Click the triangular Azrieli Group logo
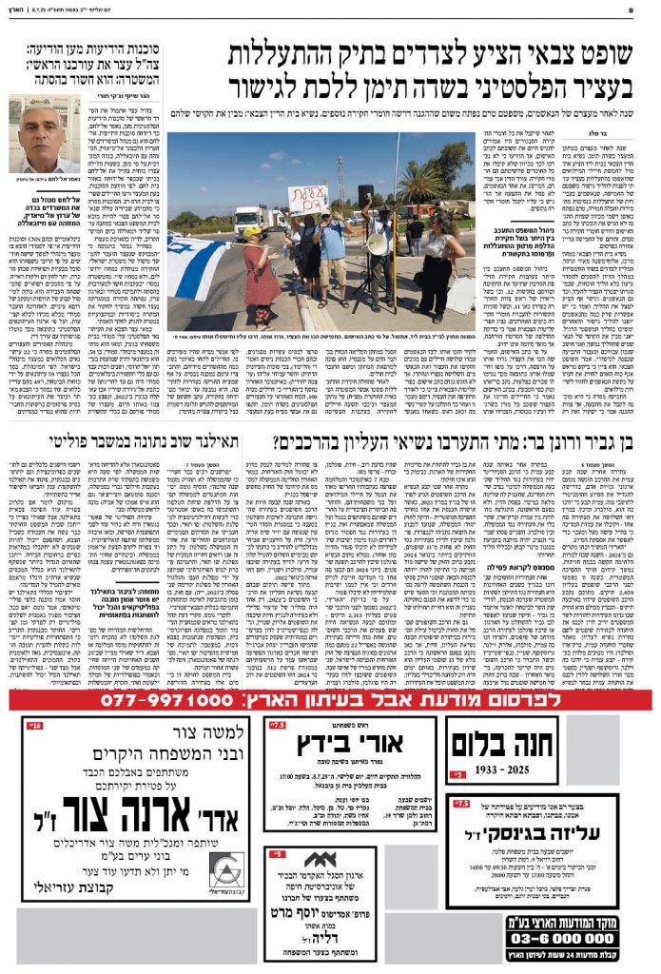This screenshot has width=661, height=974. click(x=227, y=871)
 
